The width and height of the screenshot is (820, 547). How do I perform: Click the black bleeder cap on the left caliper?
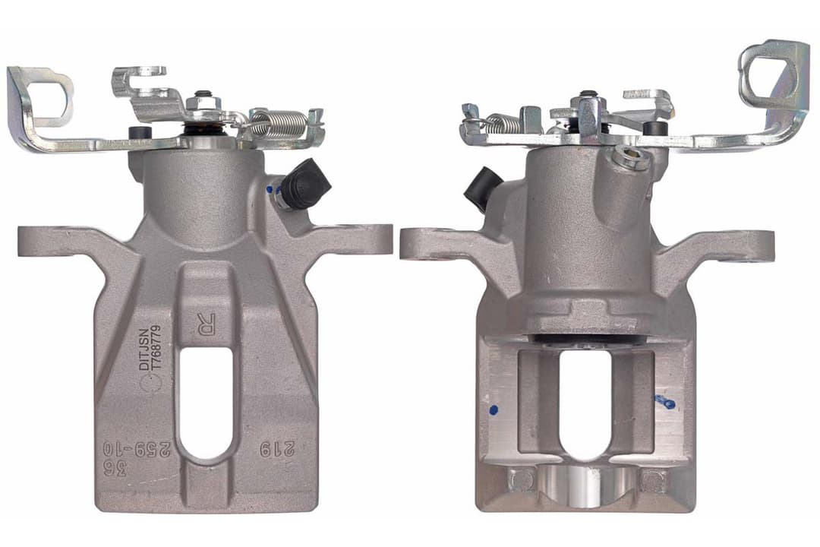click(307, 185)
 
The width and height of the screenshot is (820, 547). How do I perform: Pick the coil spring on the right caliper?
click(503, 122)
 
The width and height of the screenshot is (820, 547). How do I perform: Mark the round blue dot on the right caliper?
click(494, 410)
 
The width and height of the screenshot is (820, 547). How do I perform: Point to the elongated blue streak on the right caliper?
click(666, 401)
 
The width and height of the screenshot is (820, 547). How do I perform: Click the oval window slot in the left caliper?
click(205, 403)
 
